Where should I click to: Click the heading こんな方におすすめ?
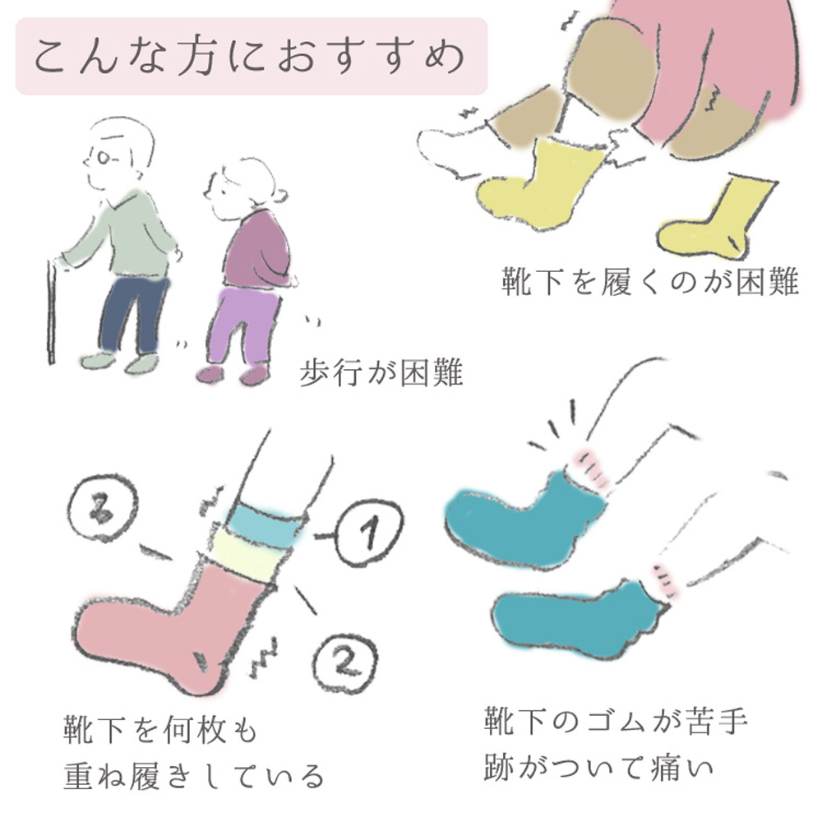(x=250, y=56)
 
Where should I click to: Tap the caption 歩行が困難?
(x=381, y=372)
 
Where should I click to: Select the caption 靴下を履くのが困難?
(x=650, y=281)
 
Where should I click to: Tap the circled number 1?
(x=369, y=532)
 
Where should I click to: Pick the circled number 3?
(x=103, y=508)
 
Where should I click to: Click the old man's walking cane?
(x=51, y=312)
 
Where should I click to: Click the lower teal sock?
(x=577, y=620)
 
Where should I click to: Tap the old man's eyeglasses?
(x=103, y=157)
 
